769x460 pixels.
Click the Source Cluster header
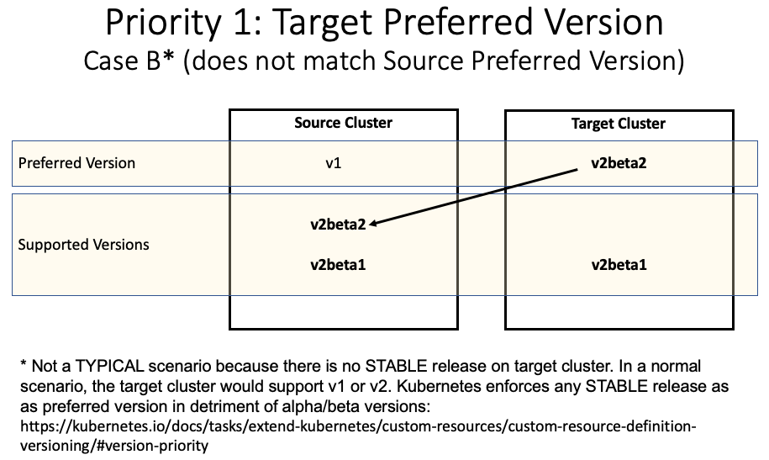343,123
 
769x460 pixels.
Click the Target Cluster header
618,124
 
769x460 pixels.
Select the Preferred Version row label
76,162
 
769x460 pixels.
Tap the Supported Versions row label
83,245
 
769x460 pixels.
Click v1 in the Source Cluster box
334,162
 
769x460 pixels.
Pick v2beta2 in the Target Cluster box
618,162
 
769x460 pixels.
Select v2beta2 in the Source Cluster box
338,225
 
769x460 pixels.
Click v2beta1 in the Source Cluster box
338,265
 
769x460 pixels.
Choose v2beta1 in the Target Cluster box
619,265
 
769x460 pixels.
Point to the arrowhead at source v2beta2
372,224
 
